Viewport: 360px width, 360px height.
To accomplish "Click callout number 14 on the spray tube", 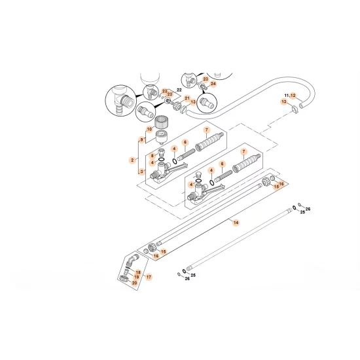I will (x=236, y=223).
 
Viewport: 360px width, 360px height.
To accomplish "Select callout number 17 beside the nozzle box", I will (x=148, y=278).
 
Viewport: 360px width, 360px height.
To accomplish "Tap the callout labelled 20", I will (x=135, y=283).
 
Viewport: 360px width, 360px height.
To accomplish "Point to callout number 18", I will (x=138, y=272).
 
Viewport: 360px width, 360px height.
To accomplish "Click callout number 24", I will (x=212, y=84).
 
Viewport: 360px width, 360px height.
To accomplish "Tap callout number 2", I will (x=132, y=160).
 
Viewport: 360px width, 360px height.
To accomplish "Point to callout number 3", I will (x=142, y=171).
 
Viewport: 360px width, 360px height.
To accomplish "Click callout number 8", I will (x=152, y=156).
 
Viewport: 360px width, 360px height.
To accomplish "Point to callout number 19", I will (x=136, y=278).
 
